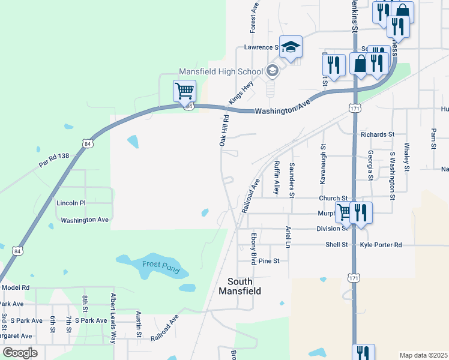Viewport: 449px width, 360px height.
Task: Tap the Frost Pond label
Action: tap(161, 268)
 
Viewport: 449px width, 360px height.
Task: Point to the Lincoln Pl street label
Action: tap(71, 203)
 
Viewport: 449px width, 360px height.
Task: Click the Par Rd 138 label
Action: tap(54, 160)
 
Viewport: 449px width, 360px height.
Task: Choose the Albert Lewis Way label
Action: tap(112, 319)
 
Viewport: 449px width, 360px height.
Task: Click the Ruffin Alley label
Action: tap(277, 178)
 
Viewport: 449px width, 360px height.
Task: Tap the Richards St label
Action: tap(377, 134)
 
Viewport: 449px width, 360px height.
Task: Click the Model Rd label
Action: tap(16, 287)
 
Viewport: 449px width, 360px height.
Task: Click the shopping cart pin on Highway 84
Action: tap(184, 91)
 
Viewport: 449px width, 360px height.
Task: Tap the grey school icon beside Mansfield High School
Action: tap(273, 71)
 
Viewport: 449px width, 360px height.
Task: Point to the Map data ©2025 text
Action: tap(423, 355)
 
